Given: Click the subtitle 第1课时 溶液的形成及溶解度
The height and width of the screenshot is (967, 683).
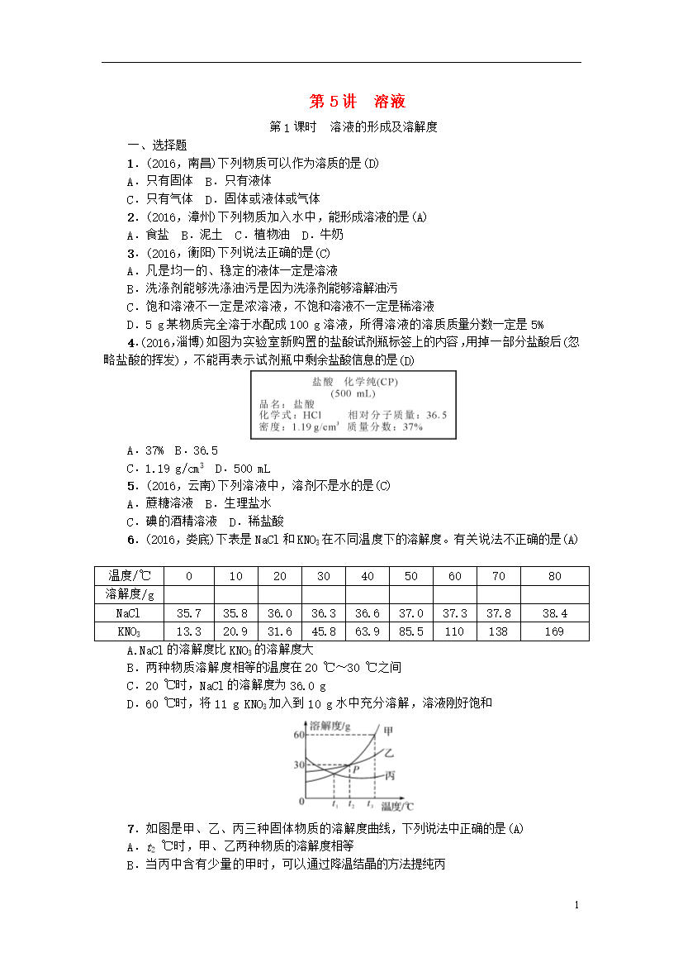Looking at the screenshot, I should tap(353, 127).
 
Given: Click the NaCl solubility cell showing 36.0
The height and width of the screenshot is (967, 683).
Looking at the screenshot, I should tap(280, 613).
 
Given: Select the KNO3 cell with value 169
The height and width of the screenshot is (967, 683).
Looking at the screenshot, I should tap(554, 631).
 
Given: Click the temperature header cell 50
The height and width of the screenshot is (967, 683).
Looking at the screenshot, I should tap(410, 576).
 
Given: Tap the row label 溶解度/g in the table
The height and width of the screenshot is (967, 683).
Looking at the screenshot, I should tap(130, 594).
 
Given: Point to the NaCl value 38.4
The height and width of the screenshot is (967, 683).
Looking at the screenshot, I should tap(554, 613).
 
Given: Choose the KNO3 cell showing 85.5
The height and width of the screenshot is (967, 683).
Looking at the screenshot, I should tap(410, 631).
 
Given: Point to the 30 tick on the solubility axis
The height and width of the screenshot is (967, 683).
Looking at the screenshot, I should tap(298, 765).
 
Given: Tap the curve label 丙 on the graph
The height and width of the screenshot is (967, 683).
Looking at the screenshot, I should tap(389, 776).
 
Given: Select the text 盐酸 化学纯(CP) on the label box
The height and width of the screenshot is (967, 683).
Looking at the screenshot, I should tap(353, 383).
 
